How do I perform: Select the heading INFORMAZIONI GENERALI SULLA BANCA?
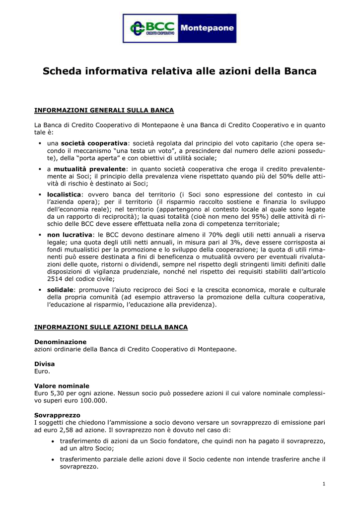coord(104,110)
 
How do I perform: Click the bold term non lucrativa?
coord(70,235)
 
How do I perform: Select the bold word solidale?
coord(60,290)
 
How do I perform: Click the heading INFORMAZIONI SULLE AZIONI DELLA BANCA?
coord(111,327)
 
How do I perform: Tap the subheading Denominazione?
coord(60,342)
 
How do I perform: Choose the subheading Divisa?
coord(44,364)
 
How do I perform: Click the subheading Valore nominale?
coord(62,385)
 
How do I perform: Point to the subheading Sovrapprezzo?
coord(57,415)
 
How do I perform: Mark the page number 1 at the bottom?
coord(323,484)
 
